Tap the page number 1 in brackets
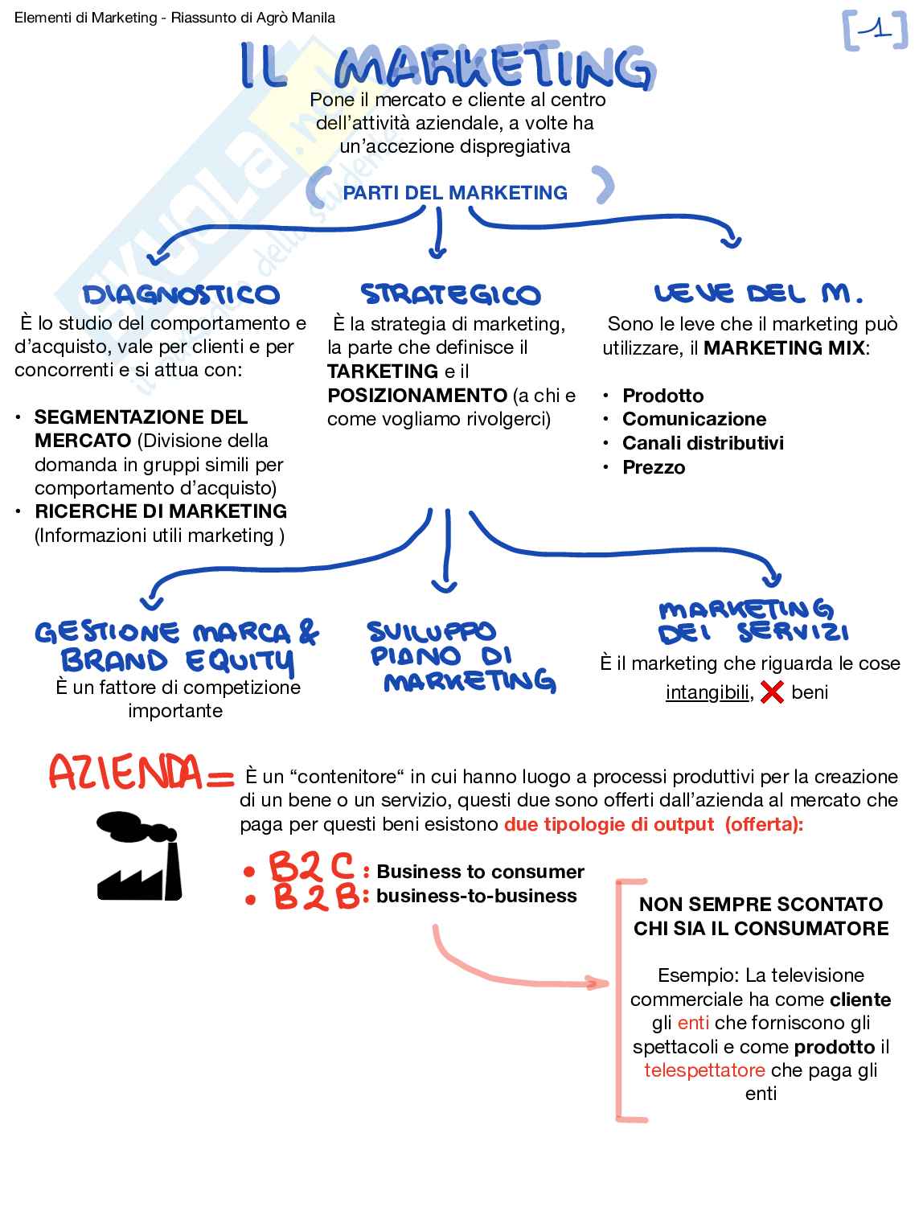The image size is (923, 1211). point(876,31)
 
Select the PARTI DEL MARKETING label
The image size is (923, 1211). point(455,193)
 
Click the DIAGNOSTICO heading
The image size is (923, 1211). point(181,294)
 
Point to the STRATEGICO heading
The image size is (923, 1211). point(450,294)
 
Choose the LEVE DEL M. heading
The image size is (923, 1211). point(758,294)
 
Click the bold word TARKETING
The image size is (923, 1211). point(383,372)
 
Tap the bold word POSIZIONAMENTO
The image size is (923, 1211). point(417,396)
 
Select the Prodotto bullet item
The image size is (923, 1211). point(663,396)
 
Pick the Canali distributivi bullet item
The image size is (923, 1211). point(703,443)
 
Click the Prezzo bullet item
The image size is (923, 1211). point(654,467)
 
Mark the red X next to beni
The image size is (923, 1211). point(772,692)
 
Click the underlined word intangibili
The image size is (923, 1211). point(708,692)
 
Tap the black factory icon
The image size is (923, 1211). point(138,856)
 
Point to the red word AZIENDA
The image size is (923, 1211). point(127,772)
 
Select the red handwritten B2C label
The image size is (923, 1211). point(311,868)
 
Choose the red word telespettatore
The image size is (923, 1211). point(704,1070)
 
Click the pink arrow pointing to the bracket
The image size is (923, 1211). point(515,969)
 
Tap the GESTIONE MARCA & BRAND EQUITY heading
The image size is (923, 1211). point(178,647)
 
